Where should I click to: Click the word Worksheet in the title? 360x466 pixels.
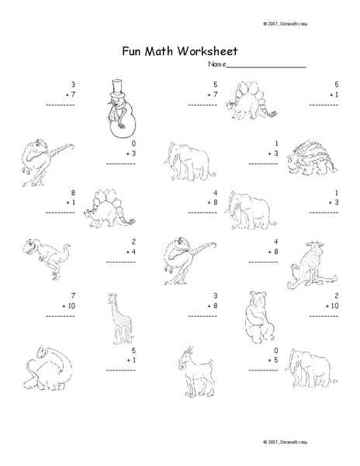207,52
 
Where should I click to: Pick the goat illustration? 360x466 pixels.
190,371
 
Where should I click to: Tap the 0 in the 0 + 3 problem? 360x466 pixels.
133,144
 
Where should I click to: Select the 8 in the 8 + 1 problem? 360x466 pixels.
72,191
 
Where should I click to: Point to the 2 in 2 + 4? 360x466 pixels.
133,242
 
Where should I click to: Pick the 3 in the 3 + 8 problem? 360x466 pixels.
215,295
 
